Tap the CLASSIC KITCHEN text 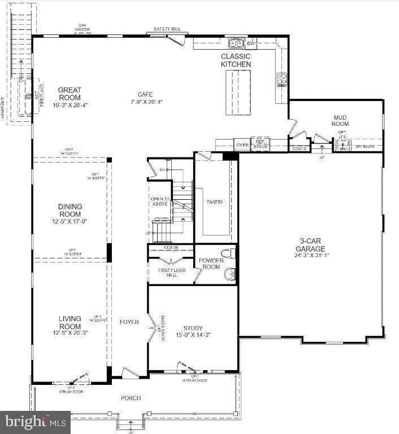pyautogui.click(x=236, y=60)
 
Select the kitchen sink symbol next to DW pyautogui.click(x=236, y=42)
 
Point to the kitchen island pyautogui.click(x=238, y=93)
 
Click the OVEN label pyautogui.click(x=242, y=145)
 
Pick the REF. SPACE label pyautogui.click(x=261, y=145)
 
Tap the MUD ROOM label pyautogui.click(x=340, y=120)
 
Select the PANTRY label pyautogui.click(x=215, y=202)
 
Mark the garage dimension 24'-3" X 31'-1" pyautogui.click(x=311, y=256)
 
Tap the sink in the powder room pyautogui.click(x=229, y=274)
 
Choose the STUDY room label pyautogui.click(x=193, y=328)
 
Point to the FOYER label pyautogui.click(x=129, y=322)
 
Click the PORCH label pyautogui.click(x=131, y=398)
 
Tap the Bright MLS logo pyautogui.click(x=35, y=422)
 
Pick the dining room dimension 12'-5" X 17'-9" pyautogui.click(x=70, y=221)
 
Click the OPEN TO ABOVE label pyautogui.click(x=160, y=202)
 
